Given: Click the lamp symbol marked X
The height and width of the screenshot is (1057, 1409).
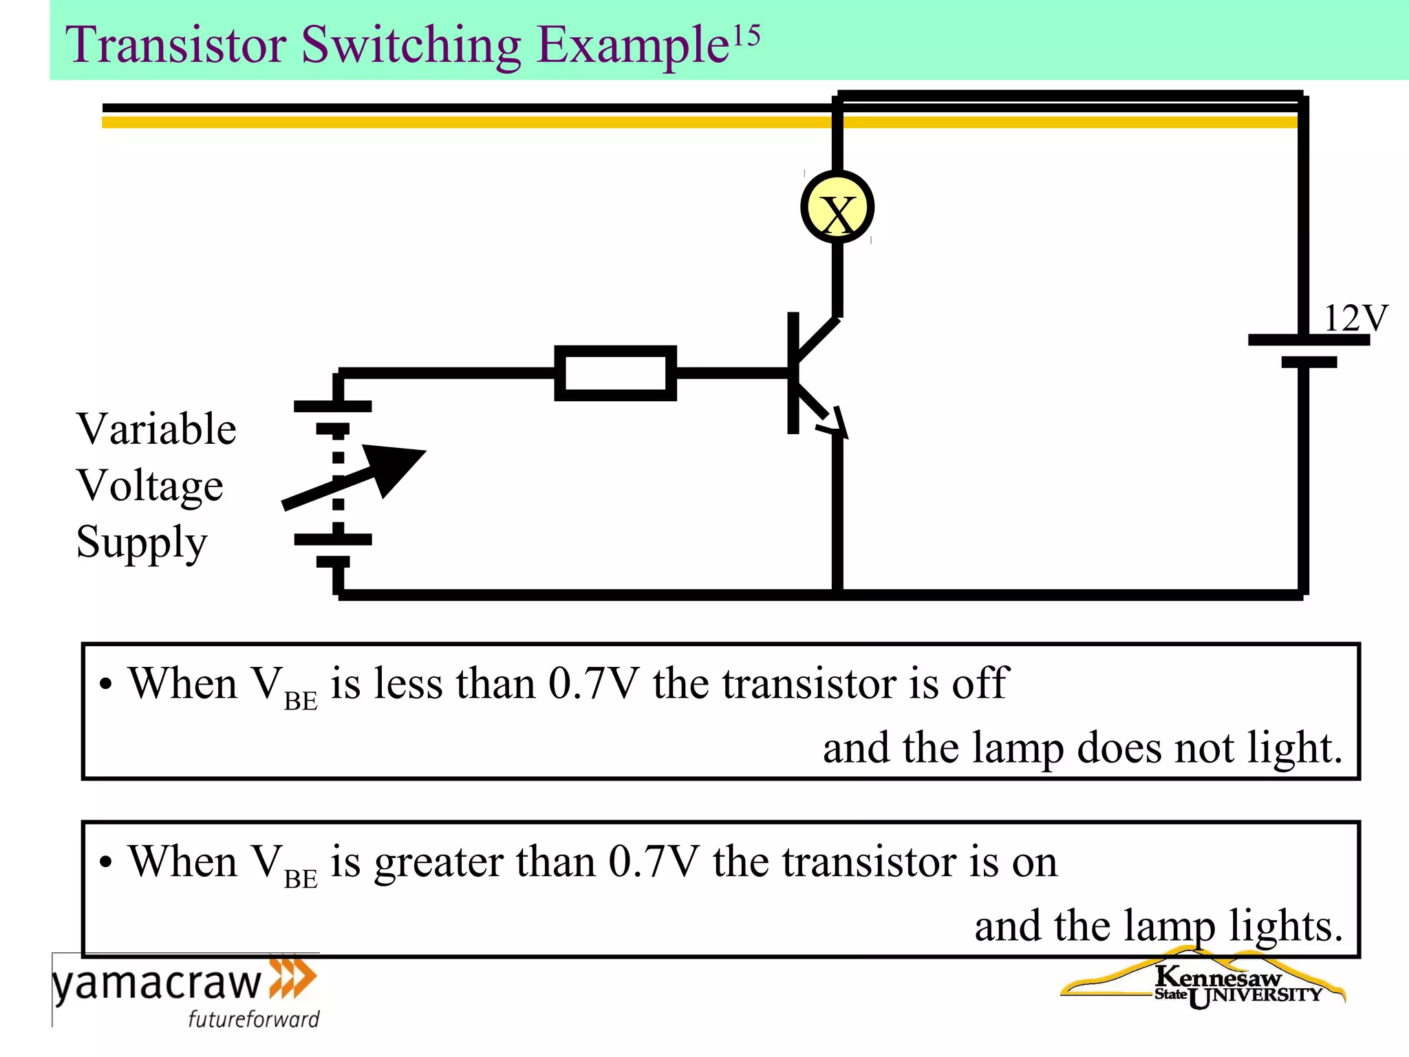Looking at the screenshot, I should coord(837,207).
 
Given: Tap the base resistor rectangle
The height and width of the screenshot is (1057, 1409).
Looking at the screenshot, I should coord(615,373).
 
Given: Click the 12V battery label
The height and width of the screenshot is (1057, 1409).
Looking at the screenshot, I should coord(1355,318).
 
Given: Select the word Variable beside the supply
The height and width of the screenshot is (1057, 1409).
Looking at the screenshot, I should coord(156,429).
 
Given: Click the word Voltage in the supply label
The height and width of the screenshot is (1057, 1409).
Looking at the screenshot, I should coord(149,485).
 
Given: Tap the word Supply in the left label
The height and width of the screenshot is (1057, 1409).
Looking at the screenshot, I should coord(141,542).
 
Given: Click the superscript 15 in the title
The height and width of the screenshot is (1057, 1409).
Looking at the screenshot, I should coord(746,34).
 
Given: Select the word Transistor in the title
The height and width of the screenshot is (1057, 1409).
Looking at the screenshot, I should coord(175,45).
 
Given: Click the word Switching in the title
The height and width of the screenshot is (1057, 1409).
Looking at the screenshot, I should coord(411,45).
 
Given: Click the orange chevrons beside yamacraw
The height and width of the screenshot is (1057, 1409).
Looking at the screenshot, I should coord(293,977).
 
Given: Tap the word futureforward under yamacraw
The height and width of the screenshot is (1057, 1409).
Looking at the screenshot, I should coord(254,1018).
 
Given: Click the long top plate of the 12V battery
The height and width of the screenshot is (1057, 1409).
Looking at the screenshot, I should coord(1309,340).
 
